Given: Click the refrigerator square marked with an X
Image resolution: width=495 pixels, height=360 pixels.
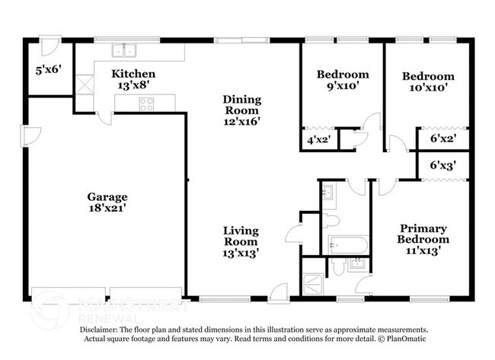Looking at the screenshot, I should (x=84, y=84).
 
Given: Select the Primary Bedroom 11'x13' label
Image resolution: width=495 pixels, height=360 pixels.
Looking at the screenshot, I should (x=417, y=238).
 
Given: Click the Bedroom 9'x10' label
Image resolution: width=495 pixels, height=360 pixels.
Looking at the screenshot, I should (x=343, y=81).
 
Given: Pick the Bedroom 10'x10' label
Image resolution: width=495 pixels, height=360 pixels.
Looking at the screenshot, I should (x=428, y=81).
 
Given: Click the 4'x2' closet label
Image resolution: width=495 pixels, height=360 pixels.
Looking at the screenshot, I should (x=318, y=140).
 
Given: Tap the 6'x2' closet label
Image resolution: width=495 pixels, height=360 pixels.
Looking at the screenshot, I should (x=442, y=140).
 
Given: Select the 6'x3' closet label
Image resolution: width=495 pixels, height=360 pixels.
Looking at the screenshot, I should (x=442, y=165).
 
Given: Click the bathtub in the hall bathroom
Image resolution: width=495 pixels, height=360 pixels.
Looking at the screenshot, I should (x=349, y=245).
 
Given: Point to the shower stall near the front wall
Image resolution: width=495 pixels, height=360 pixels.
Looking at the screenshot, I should (x=314, y=282).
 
